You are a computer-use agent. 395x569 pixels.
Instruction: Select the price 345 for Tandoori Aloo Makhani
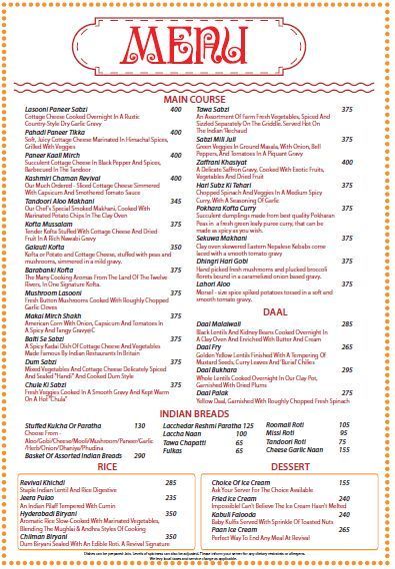click(x=175, y=202)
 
